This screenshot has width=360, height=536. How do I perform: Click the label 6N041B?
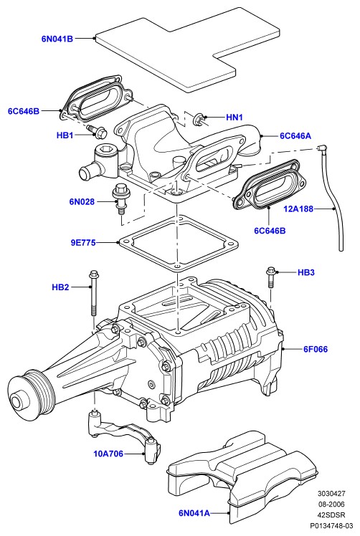pyautogui.click(x=57, y=39)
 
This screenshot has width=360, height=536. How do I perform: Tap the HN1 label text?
pyautogui.click(x=235, y=118)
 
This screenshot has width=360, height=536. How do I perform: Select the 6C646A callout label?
pyautogui.click(x=295, y=136)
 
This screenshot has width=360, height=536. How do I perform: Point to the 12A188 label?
pyautogui.click(x=298, y=209)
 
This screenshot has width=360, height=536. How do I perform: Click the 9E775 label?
pyautogui.click(x=83, y=243)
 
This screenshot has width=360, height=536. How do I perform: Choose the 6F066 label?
pyautogui.click(x=316, y=349)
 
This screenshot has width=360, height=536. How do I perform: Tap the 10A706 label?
pyautogui.click(x=108, y=454)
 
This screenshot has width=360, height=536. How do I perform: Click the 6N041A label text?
pyautogui.click(x=194, y=513)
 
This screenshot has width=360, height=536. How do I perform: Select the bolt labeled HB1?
pyautogui.click(x=98, y=131)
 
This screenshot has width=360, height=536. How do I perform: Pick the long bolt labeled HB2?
pyautogui.click(x=93, y=292)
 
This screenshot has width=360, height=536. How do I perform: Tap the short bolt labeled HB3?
pyautogui.click(x=270, y=278)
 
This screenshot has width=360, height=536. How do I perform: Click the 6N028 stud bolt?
pyautogui.click(x=120, y=199)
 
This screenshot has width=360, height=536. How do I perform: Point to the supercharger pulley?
pyautogui.click(x=31, y=393)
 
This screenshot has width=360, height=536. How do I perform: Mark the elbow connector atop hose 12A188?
pyautogui.click(x=322, y=149)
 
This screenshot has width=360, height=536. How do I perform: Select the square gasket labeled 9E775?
pyautogui.click(x=178, y=244)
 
